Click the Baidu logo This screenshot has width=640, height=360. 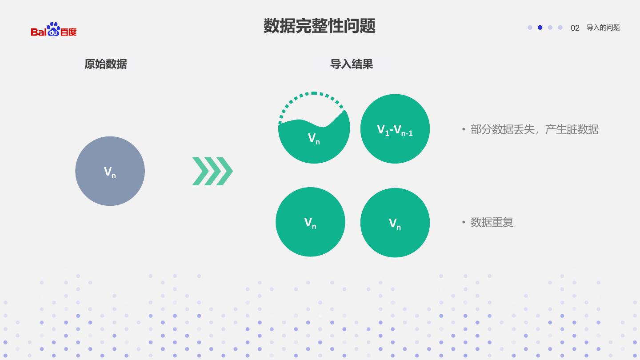(54, 29)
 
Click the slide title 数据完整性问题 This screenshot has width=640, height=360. (320, 26)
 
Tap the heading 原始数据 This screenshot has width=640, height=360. (106, 64)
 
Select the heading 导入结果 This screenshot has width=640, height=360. (351, 64)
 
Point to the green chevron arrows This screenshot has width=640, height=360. (212, 171)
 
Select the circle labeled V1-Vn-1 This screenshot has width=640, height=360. (395, 129)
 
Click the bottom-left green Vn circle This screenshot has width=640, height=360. (310, 222)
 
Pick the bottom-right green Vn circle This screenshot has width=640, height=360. (395, 223)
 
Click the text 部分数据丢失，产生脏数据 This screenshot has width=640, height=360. (534, 129)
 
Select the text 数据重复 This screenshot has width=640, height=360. (492, 222)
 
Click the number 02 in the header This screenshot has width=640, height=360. (575, 28)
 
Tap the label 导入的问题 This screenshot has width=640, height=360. (603, 28)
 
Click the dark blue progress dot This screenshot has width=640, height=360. (540, 28)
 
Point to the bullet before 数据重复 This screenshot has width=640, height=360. (464, 222)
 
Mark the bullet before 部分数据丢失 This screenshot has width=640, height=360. (464, 129)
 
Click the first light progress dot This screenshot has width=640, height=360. (530, 28)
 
